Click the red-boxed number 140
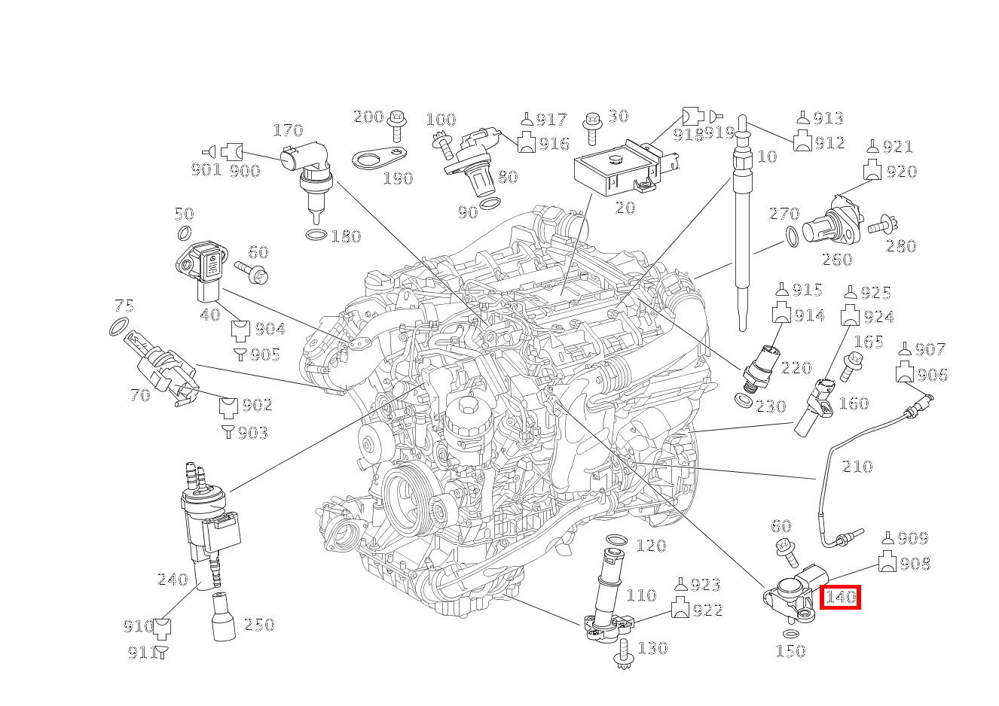[x=840, y=598]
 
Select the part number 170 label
[x=287, y=131]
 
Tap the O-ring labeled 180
[x=316, y=236]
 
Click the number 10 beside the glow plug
[x=766, y=157]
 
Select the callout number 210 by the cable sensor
[x=857, y=467]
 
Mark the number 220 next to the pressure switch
[x=796, y=368]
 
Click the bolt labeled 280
[x=881, y=224]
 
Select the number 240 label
[x=172, y=580]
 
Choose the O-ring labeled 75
[x=118, y=327]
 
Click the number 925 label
[x=875, y=294]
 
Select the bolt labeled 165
[x=854, y=365]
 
